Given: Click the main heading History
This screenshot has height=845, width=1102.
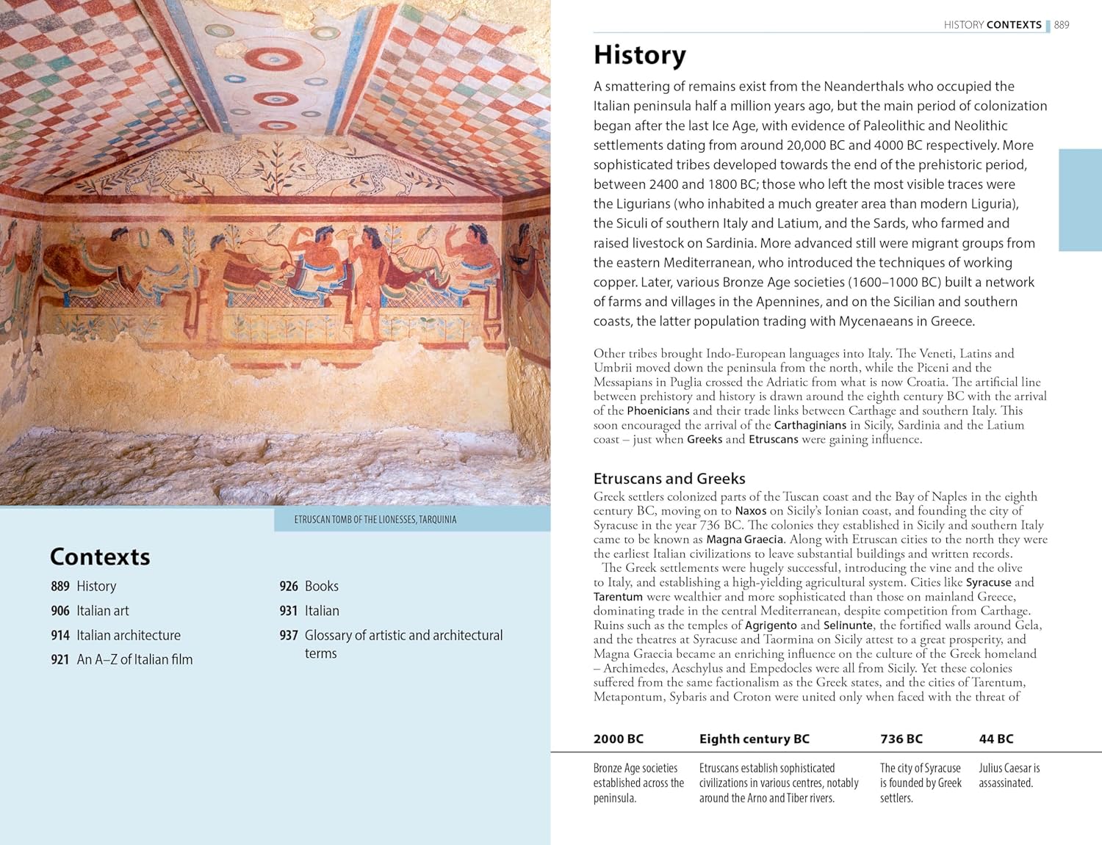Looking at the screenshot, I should point(639,56).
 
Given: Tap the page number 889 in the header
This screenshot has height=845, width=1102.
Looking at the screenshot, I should point(1062,25).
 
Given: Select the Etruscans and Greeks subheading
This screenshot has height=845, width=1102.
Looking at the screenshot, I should point(669,479).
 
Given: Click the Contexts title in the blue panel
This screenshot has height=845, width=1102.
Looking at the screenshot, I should point(100,556).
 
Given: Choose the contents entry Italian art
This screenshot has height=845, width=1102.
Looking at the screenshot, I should point(103,611).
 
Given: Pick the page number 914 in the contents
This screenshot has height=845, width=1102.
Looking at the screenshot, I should point(60,636).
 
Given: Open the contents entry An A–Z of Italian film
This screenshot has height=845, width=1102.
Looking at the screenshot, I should point(134,660).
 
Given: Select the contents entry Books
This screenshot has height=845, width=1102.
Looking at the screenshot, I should point(322,587).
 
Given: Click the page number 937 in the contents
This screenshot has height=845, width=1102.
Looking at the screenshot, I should point(289,636).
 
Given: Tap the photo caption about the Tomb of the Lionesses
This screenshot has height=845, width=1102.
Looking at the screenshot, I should point(375,520).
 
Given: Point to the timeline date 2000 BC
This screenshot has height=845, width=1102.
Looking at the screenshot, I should point(618,739).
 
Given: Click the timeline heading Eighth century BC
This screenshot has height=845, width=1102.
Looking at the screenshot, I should point(754,739).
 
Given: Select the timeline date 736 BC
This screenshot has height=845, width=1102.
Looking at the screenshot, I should point(901,739).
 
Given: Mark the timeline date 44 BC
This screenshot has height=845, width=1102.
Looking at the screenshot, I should point(995,739).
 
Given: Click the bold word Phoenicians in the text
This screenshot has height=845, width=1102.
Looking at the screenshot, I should point(658,411).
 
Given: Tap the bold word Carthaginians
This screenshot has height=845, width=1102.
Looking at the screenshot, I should point(810,426).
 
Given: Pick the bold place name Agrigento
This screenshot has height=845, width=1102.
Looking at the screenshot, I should point(771,625).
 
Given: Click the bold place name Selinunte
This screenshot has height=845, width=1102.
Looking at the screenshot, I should point(848,625).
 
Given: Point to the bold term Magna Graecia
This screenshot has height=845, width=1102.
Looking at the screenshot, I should point(744,540).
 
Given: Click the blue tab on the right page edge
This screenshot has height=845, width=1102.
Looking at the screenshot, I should point(1080,200).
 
